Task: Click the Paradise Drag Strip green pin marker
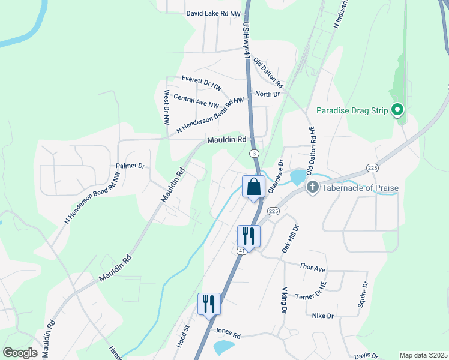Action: (x=397, y=110)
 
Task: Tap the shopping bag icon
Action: (x=253, y=187)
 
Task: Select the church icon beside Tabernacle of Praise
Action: (x=312, y=188)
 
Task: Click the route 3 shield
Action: (x=255, y=154)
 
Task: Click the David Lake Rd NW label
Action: (x=213, y=13)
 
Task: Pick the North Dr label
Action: (x=268, y=94)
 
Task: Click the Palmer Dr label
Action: (x=131, y=166)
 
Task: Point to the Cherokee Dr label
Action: (x=276, y=176)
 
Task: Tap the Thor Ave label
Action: (x=312, y=268)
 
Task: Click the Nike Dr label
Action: (x=322, y=315)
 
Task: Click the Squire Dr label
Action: (x=362, y=294)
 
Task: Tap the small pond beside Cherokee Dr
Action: (x=297, y=177)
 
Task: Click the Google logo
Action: (x=20, y=353)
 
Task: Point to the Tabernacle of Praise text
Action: (x=360, y=188)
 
